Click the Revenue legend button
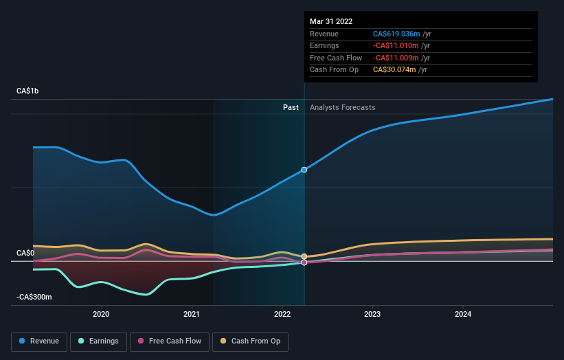(x=40, y=341)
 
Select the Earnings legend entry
(x=98, y=341)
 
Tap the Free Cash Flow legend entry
(x=170, y=341)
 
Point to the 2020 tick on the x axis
(x=101, y=315)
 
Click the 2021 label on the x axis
(x=192, y=315)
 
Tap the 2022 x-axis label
(x=282, y=315)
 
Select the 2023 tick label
(x=372, y=315)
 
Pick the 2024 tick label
(x=463, y=315)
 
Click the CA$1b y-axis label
(x=27, y=91)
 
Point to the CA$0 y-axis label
(x=25, y=254)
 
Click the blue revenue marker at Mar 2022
(x=304, y=170)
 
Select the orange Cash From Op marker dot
(x=304, y=256)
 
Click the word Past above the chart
(x=291, y=107)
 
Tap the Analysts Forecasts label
(x=342, y=107)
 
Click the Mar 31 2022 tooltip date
(x=331, y=21)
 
